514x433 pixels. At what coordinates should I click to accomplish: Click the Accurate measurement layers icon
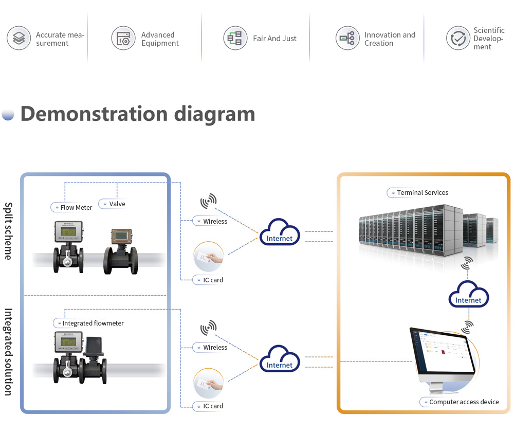coord(19,39)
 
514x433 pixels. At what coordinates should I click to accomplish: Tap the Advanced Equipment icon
coord(123,39)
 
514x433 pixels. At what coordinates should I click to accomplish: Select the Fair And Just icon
coord(235,39)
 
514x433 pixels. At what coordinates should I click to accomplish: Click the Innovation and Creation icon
coord(347,39)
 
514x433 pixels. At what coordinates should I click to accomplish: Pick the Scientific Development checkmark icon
coord(458,39)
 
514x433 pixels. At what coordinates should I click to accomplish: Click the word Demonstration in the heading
coord(94,114)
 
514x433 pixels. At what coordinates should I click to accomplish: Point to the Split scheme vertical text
coord(8,230)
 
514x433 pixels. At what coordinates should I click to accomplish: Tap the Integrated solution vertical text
coord(8,352)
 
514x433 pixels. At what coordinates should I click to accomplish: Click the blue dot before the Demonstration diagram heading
coord(8,114)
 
